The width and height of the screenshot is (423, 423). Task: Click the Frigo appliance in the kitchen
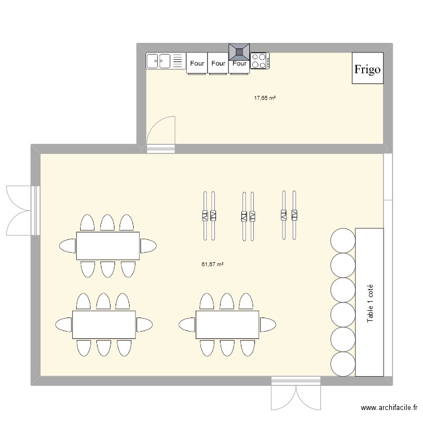[x=367, y=68]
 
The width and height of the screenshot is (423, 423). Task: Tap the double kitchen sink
[x=166, y=61]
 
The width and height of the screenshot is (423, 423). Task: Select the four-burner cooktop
[x=260, y=61]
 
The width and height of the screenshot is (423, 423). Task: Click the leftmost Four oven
[x=197, y=63]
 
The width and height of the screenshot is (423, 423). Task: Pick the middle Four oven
[x=218, y=63]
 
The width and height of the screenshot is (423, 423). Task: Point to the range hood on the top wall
[x=239, y=52]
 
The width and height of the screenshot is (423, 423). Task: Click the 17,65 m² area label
[x=265, y=98]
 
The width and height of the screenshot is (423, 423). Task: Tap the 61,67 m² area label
[x=212, y=265]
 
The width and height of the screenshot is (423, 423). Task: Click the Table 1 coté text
[x=370, y=303]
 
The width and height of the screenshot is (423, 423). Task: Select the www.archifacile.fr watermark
[x=389, y=408]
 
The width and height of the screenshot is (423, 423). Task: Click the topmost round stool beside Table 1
[x=343, y=241]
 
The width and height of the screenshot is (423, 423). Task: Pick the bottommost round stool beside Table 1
[x=343, y=364]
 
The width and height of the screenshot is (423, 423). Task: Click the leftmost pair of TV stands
[x=209, y=216]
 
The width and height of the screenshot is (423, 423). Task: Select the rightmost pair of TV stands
[x=289, y=215]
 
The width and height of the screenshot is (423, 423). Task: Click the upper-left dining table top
[x=108, y=246]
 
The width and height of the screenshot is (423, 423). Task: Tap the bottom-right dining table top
[x=227, y=325]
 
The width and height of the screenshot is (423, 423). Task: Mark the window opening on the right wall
[x=388, y=177]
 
